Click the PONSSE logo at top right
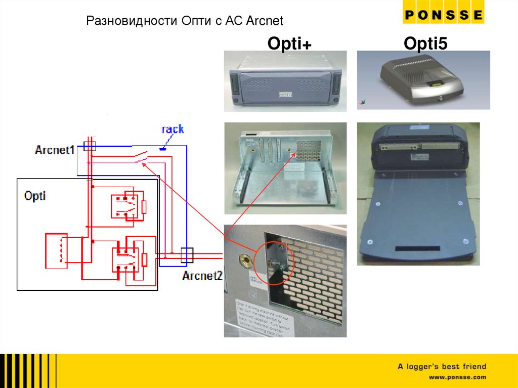[443, 15]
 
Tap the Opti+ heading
[289, 44]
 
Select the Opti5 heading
[425, 44]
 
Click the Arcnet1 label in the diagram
[55, 150]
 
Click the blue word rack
[172, 129]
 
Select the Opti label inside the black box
[35, 195]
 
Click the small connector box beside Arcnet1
[90, 147]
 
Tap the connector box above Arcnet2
[187, 254]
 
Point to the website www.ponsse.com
[457, 377]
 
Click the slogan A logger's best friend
[442, 366]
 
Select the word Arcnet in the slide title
[265, 21]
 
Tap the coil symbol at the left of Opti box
[56, 250]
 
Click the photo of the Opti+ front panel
[285, 81]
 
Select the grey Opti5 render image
[423, 80]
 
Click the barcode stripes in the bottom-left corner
[28, 371]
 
